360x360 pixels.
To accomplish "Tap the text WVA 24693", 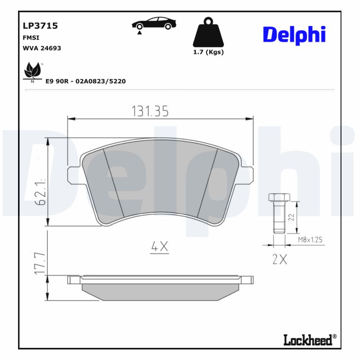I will pos(41,48).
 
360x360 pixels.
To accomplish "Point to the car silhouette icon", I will pos(154,24).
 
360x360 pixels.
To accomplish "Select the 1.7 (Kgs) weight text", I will pos(208,52).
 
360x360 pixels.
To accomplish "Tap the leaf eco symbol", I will pos(32,72).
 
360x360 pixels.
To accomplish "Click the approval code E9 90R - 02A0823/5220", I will pos(85,81).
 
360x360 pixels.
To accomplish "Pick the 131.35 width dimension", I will pos(150,111).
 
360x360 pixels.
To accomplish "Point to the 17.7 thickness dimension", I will pos(40,264).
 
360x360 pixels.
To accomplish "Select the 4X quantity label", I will pos(159,246).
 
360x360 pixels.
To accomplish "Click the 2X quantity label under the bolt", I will pos(279,260).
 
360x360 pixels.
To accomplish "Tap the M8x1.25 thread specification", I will pos(310,240).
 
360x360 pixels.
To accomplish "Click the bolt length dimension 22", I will pos(291,217).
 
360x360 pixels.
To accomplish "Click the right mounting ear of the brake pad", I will pos(246,175).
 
